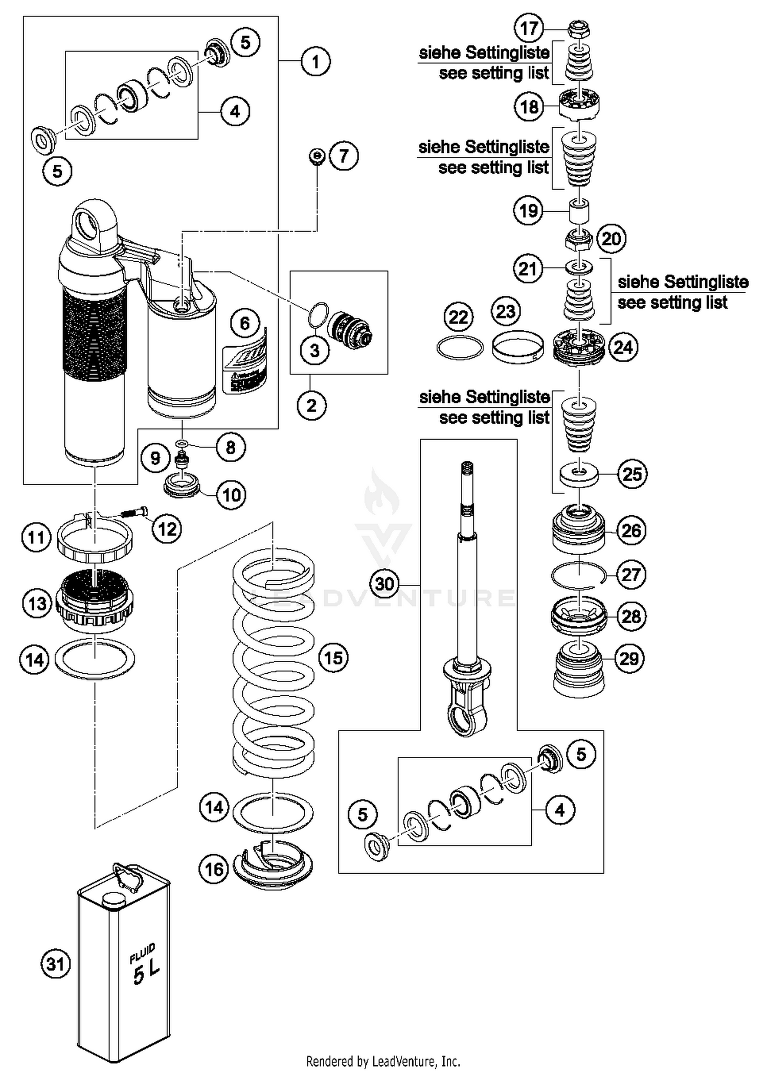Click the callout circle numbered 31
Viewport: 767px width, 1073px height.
coord(55,964)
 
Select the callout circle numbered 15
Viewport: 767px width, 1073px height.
coord(333,657)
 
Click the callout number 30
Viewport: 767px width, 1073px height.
coord(385,584)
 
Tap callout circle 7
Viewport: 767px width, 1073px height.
coord(344,155)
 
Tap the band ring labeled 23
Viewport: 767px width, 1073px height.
coord(517,348)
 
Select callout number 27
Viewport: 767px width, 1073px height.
coord(630,575)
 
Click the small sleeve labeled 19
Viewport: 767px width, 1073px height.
coord(579,211)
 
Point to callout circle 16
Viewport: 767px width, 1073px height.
coord(214,869)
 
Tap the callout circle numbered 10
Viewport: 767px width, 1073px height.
coord(231,494)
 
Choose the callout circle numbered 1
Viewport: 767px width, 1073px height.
coord(315,61)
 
